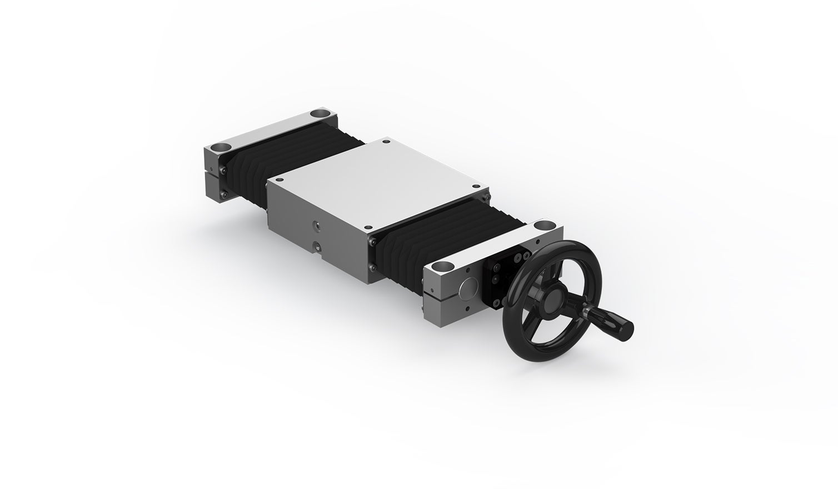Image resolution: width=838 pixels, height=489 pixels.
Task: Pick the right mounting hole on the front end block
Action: click(541, 226)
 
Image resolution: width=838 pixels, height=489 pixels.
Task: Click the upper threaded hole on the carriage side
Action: click(317, 224)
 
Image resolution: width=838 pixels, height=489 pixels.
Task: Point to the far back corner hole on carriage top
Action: click(383, 142)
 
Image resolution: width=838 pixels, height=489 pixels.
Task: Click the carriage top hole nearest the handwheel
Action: click(367, 227)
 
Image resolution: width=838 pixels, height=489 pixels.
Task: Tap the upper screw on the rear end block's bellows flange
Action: click(224, 171)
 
